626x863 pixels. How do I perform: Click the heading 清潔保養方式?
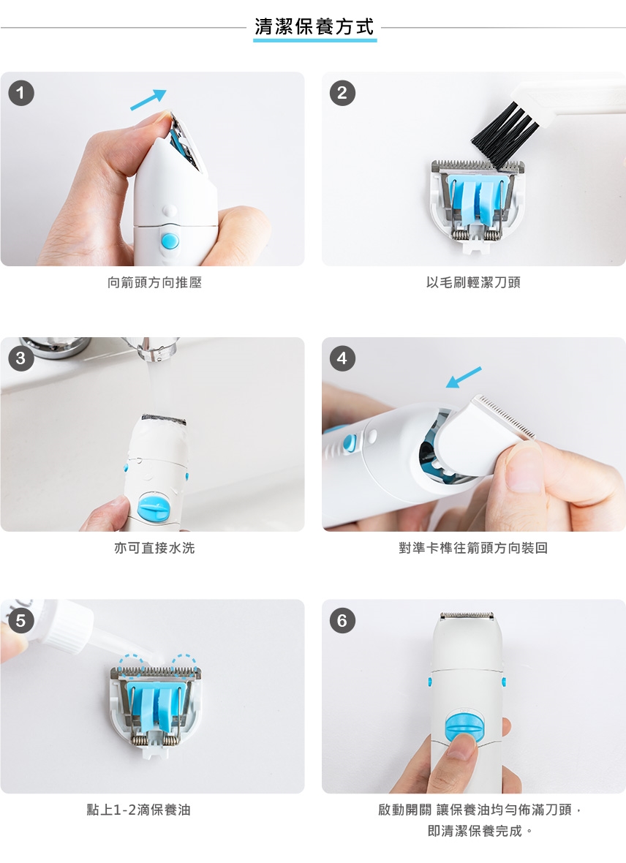314,26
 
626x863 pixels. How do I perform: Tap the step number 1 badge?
21,92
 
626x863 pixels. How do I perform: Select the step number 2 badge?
342,92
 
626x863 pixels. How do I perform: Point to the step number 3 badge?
21,358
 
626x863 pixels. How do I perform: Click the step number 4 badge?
342,358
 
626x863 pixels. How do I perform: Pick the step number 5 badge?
21,620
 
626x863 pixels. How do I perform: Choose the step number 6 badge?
342,620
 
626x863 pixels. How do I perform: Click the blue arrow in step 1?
148,99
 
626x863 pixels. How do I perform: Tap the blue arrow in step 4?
464,377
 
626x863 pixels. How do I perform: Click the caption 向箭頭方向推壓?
155,282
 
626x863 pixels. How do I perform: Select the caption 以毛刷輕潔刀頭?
473,282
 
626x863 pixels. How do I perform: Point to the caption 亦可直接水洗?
155,548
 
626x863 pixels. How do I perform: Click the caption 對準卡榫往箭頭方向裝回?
473,548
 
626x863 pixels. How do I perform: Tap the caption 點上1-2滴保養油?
139,810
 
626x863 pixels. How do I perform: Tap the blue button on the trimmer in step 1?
170,241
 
